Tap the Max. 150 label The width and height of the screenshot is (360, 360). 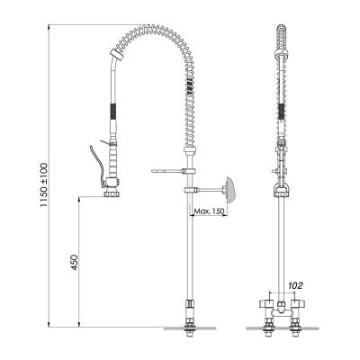coord(210,212)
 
